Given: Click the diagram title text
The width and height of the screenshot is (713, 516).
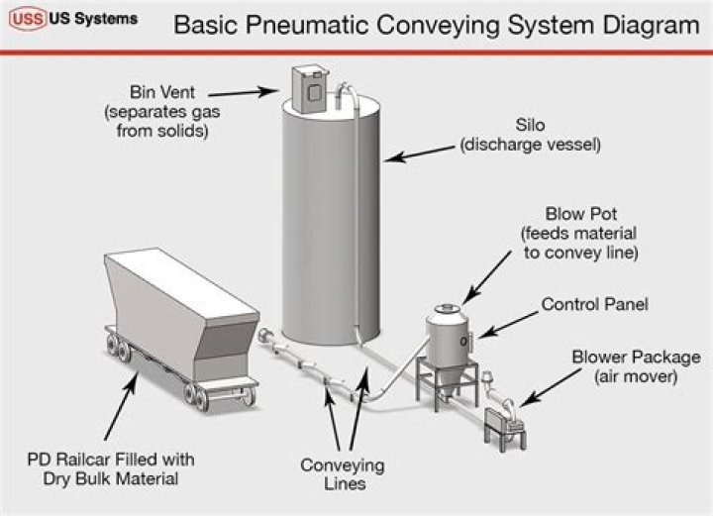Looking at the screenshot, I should pos(436,24).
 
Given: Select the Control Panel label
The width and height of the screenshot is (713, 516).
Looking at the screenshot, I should pos(594,304).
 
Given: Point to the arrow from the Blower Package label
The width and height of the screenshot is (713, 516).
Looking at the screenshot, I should pos(545,391).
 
